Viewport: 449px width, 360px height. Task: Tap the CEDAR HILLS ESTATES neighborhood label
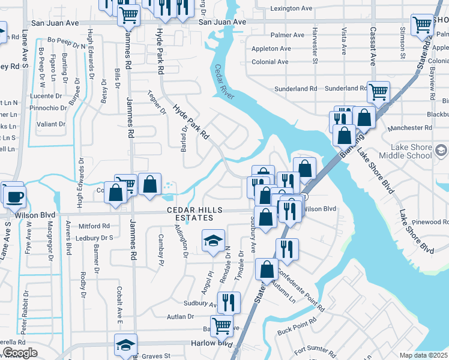(195, 214)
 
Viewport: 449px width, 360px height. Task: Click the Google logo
(20, 353)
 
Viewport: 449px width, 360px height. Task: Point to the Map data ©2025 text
(424, 355)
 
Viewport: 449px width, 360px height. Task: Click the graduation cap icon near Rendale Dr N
(213, 241)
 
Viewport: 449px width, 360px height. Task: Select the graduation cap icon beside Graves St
(125, 346)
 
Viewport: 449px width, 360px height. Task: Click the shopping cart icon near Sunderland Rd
(378, 92)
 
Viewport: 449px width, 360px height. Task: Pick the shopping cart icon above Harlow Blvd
(222, 326)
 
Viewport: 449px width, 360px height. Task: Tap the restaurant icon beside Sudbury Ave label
(229, 302)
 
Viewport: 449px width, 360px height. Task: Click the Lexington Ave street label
(291, 9)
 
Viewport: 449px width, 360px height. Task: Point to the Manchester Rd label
(410, 128)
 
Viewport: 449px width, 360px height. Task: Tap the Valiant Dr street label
(51, 124)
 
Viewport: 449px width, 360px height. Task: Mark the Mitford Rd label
(94, 226)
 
